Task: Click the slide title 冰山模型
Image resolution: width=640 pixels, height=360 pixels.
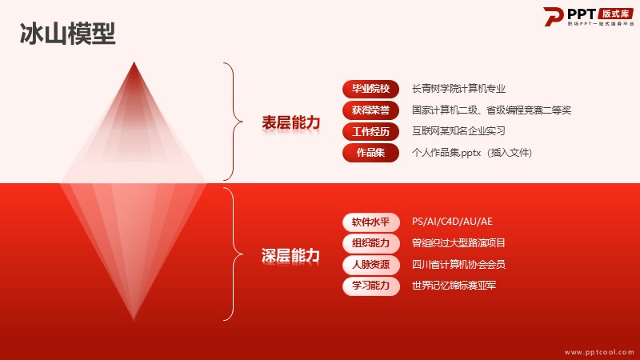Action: pyautogui.click(x=68, y=34)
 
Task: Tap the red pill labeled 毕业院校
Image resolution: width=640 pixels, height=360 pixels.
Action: pyautogui.click(x=370, y=89)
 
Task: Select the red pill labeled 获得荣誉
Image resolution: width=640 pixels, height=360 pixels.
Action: pyautogui.click(x=370, y=110)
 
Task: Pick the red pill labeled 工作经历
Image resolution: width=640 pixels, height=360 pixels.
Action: pyautogui.click(x=370, y=131)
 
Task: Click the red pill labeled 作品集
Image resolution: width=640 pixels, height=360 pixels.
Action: pyautogui.click(x=370, y=153)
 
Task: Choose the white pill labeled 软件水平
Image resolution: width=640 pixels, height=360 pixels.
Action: pyautogui.click(x=370, y=222)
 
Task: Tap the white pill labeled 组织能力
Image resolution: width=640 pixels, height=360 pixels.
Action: pyautogui.click(x=370, y=243)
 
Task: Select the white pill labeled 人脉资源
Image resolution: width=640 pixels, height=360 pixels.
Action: pyautogui.click(x=370, y=265)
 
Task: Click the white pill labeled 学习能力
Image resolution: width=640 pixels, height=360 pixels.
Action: pyautogui.click(x=370, y=286)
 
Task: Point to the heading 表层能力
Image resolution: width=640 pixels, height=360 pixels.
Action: pyautogui.click(x=290, y=122)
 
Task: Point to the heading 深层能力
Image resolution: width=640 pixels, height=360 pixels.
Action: pyautogui.click(x=290, y=255)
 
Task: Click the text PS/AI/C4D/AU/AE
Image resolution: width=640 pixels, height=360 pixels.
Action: pyautogui.click(x=452, y=222)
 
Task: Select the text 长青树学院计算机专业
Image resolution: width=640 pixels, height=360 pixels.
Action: pyautogui.click(x=458, y=89)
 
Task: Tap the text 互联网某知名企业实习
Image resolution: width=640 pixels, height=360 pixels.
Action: pyautogui.click(x=458, y=131)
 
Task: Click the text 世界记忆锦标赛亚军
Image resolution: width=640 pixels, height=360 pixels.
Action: pyautogui.click(x=454, y=286)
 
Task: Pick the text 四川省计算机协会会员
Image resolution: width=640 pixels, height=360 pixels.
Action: pyautogui.click(x=458, y=264)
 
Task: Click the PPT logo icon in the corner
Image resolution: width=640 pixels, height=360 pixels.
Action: pyautogui.click(x=554, y=17)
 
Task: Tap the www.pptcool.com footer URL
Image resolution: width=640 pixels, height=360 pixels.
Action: pyautogui.click(x=599, y=352)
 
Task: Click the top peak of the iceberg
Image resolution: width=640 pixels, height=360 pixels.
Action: pyautogui.click(x=134, y=62)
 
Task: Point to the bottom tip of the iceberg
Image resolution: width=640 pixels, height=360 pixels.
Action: pyautogui.click(x=134, y=319)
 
